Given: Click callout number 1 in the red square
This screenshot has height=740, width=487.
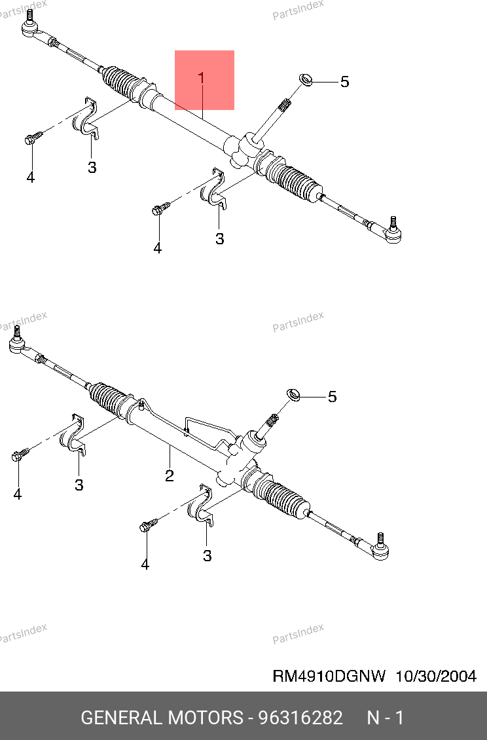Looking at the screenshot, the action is pos(202,79).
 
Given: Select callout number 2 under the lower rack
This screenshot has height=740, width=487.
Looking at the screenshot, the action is pos(170,475).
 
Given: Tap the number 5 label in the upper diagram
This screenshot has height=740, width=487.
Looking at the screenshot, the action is pos(344,82).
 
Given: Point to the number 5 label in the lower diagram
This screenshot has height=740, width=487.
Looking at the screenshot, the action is pos(333,396).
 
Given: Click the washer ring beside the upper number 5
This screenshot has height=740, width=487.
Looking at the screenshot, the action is pos(306,80).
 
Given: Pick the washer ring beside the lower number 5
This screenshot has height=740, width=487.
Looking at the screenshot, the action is pos(293,394).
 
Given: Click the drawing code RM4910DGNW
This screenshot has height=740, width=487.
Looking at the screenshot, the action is pos(329,676).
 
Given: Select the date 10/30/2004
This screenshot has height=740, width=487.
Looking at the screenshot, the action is pos(435,676).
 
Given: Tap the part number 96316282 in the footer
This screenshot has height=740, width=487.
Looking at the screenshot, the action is pos(300,718).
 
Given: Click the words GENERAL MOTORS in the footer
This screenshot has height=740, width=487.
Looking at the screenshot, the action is pos(162,718).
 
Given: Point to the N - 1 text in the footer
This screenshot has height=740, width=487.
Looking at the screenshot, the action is pos(386,718).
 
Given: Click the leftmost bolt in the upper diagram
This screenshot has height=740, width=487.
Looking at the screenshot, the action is pos(33,138).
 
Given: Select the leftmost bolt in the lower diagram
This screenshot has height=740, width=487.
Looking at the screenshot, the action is pos(20,454).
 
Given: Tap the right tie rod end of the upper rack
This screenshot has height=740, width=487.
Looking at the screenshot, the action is pos(391,232).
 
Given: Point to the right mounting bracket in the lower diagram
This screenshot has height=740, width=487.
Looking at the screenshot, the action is pos(202,507).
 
